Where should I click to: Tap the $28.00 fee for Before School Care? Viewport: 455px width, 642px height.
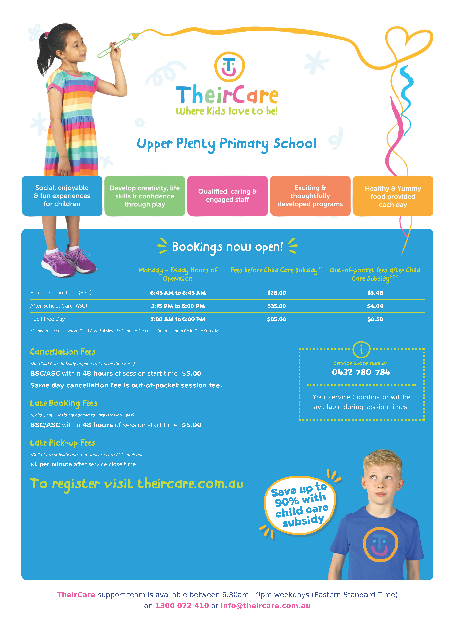pos(277,293)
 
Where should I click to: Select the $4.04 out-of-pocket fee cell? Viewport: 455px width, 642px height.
pos(375,306)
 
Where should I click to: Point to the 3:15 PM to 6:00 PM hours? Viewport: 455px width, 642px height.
pos(178,306)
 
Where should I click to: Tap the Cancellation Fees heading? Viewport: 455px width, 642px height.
pos(63,352)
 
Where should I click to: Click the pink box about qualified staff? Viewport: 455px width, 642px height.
pos(227,196)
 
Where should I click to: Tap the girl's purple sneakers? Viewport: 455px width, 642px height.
pos(69,262)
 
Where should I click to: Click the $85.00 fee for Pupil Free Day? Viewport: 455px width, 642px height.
pos(277,319)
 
